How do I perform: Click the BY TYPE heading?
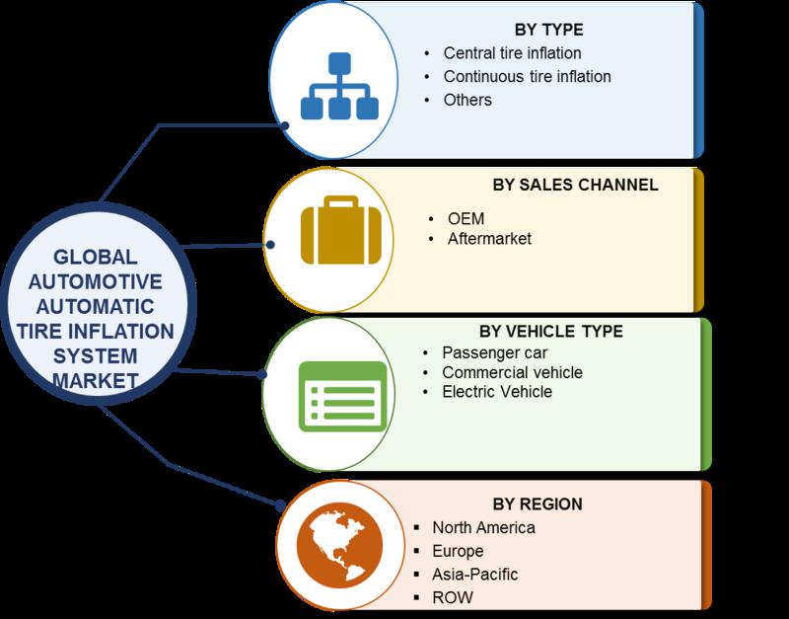point(548,30)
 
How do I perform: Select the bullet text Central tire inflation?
point(512,53)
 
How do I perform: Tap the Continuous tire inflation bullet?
point(527,77)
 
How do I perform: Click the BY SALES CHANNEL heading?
point(575,185)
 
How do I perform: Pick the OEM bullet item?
point(466,219)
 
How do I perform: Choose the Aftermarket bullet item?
point(489,238)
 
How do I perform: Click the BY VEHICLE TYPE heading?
point(551,332)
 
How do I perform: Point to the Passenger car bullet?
point(495,353)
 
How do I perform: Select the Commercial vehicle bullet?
point(512,373)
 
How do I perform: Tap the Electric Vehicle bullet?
point(497,392)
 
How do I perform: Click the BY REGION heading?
point(538,504)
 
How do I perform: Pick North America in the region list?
point(483,528)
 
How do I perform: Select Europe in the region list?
point(458,551)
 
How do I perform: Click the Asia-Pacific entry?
point(475,575)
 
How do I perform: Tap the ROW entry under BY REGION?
point(453,598)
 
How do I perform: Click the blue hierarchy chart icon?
point(339,86)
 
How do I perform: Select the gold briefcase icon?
point(341,231)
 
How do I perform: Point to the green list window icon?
point(343,397)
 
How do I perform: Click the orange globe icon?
point(339,546)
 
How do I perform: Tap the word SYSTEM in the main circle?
point(95,356)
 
